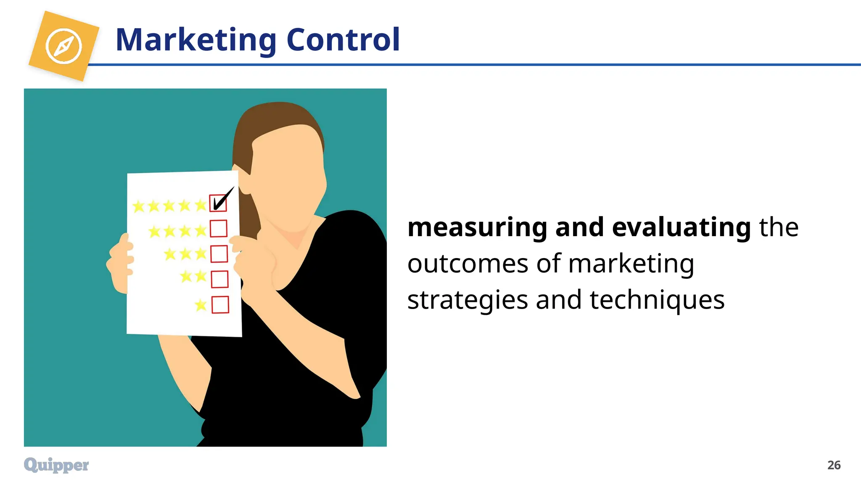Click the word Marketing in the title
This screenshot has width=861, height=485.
[x=196, y=40]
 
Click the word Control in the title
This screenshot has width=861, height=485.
[x=343, y=40]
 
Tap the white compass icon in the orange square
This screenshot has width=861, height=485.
[x=64, y=46]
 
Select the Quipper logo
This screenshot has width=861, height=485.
[x=56, y=465]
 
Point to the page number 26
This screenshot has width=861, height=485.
[x=834, y=465]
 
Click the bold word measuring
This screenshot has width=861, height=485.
[x=477, y=227]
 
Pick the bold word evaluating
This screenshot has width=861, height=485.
[x=681, y=227]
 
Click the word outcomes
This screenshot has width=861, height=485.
[x=467, y=264]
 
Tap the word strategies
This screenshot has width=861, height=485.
[x=467, y=300]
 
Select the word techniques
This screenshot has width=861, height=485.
[x=657, y=300]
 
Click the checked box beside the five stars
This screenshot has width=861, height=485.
[x=218, y=203]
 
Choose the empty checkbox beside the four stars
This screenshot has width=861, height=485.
[x=219, y=229]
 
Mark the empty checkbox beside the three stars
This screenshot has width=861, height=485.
[x=219, y=254]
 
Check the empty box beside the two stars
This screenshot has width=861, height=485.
[x=219, y=279]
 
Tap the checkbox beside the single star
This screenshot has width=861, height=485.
[x=220, y=304]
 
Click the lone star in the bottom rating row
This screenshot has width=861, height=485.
[x=201, y=304]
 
